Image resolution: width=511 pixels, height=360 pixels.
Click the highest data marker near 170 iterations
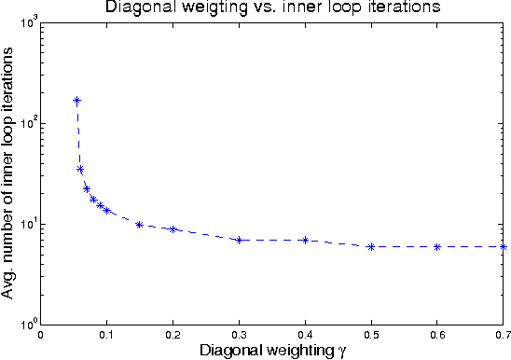click(76, 100)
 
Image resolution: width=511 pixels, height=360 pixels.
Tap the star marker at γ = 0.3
click(239, 240)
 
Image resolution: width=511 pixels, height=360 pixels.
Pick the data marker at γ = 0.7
click(503, 246)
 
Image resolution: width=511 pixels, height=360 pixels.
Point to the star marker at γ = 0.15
click(140, 224)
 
